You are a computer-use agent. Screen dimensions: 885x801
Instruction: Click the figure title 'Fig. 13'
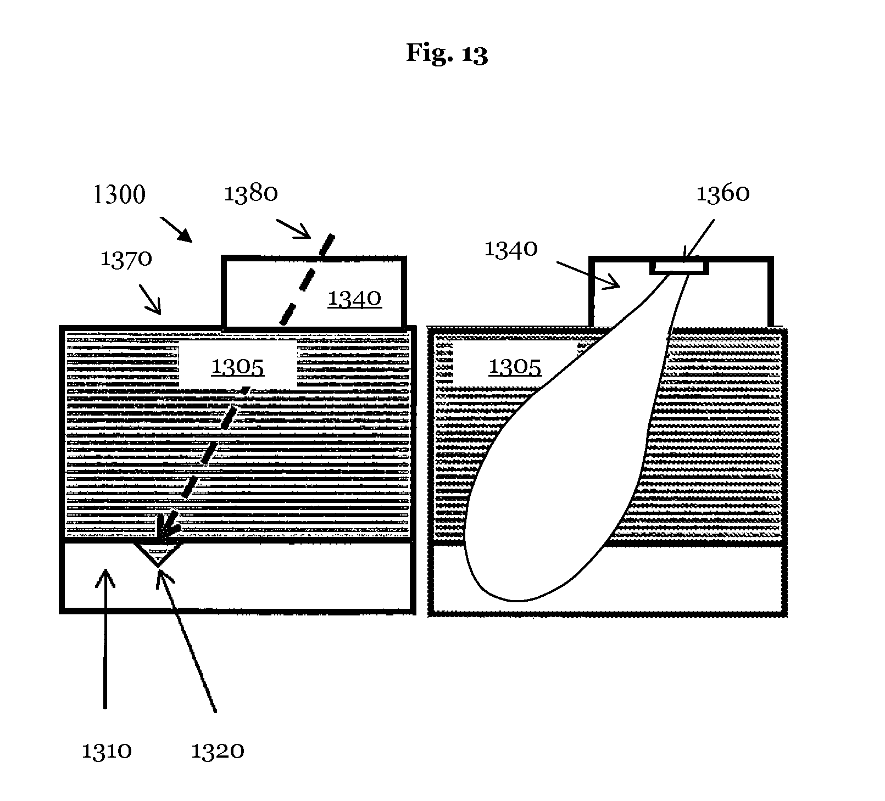[447, 54]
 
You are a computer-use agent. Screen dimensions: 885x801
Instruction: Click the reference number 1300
[120, 195]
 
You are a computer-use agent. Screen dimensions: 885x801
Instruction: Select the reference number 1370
[126, 259]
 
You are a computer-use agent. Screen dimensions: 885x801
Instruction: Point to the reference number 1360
[723, 193]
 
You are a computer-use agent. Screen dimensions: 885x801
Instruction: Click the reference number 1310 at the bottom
[107, 750]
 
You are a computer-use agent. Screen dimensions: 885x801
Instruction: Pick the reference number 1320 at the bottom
[218, 750]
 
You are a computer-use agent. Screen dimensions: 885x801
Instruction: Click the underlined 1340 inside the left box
[354, 299]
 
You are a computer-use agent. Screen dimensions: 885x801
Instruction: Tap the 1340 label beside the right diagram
[510, 249]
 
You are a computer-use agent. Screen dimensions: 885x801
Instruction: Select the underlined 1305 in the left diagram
[238, 366]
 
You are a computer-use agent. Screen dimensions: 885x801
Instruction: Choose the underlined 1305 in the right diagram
[515, 366]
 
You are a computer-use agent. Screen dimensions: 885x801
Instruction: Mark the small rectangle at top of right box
[679, 267]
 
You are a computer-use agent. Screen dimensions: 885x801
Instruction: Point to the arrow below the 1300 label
[176, 229]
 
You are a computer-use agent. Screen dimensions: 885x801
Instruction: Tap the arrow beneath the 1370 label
[150, 299]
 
